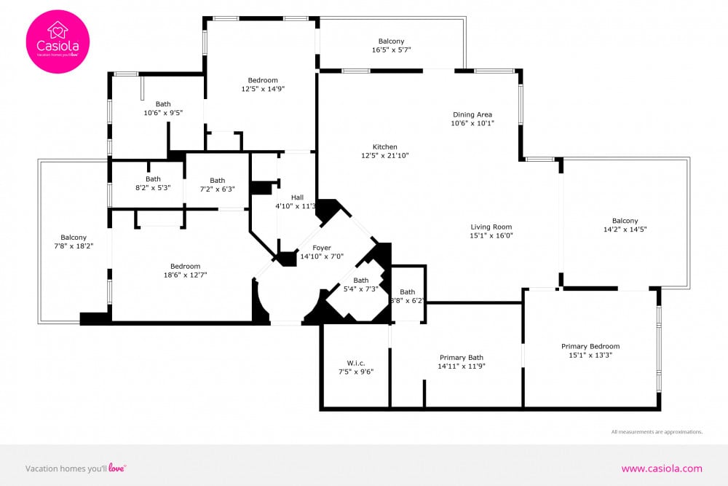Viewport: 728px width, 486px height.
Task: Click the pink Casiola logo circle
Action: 58,42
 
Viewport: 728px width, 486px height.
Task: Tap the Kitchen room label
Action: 385,147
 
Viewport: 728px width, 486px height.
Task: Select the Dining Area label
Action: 472,115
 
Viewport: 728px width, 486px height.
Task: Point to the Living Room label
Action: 491,227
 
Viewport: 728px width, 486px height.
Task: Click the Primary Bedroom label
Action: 590,346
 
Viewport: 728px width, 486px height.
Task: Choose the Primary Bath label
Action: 462,357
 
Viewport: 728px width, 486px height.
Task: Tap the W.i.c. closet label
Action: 356,364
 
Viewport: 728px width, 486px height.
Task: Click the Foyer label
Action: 322,248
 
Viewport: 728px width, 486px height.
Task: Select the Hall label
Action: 297,197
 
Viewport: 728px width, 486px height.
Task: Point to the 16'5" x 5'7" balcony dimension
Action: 392,50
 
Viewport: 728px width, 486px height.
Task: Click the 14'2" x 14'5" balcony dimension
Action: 625,230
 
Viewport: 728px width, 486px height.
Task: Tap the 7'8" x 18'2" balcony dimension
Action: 74,246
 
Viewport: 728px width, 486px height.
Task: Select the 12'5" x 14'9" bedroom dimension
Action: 263,89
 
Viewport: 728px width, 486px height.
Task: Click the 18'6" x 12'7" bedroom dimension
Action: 185,275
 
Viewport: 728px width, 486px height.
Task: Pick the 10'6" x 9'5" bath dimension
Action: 163,113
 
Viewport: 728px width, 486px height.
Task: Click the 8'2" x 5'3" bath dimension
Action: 153,188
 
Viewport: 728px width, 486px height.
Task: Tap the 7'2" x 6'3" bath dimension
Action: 217,189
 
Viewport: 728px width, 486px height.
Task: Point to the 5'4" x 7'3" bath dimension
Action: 361,289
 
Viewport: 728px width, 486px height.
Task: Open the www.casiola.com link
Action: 662,469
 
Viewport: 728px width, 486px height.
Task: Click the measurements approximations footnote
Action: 657,431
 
